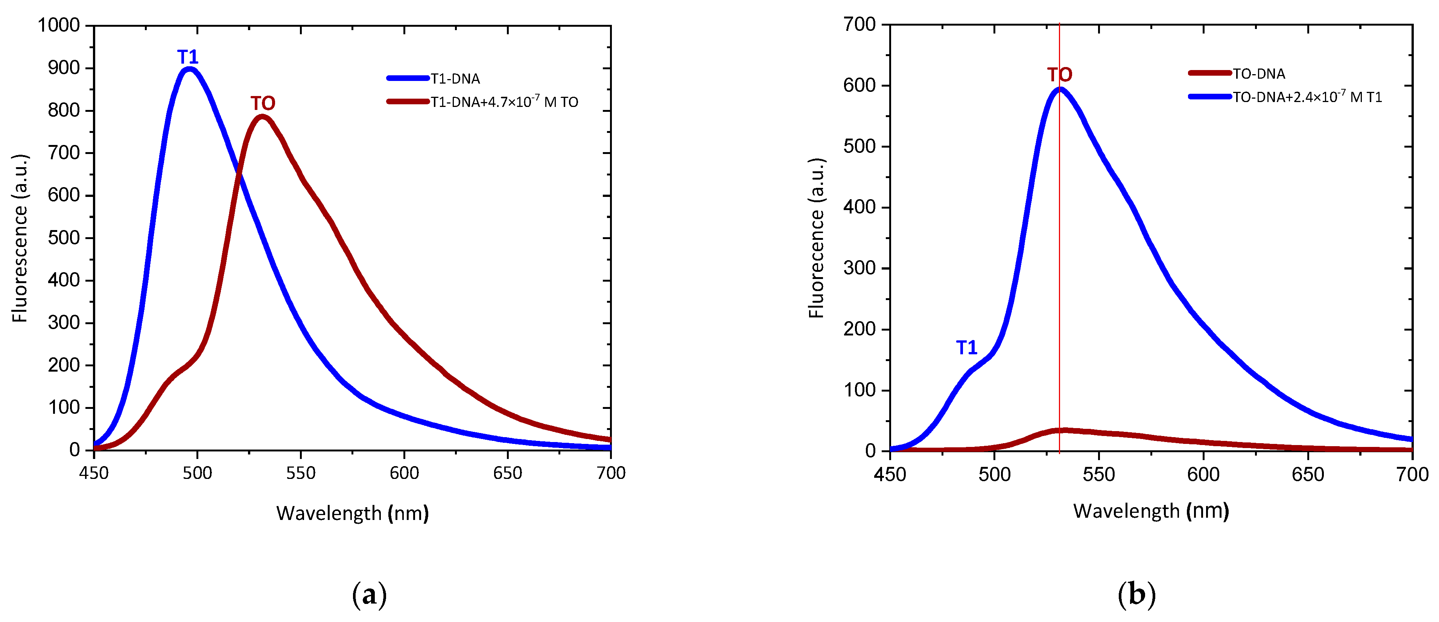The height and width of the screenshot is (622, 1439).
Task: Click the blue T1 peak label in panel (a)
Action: pos(188,57)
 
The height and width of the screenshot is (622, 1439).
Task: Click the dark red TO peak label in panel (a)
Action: pos(263,104)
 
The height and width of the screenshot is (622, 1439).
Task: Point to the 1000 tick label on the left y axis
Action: pos(59,25)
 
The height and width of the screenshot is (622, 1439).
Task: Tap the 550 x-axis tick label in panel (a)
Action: pos(301,473)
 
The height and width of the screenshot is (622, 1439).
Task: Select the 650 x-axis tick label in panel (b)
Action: pos(1308,474)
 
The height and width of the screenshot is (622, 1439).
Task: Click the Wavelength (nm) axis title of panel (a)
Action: pos(353,513)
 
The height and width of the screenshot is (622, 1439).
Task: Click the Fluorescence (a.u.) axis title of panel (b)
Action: pos(816,238)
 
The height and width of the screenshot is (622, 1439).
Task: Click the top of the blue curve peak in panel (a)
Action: pos(189,69)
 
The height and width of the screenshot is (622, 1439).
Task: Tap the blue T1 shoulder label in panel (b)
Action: pos(966,348)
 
